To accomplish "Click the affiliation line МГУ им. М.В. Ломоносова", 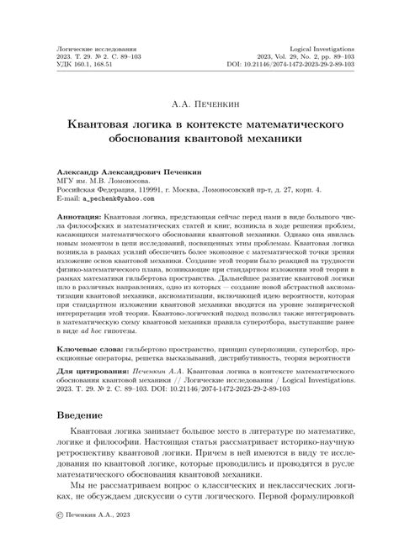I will (103, 179).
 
